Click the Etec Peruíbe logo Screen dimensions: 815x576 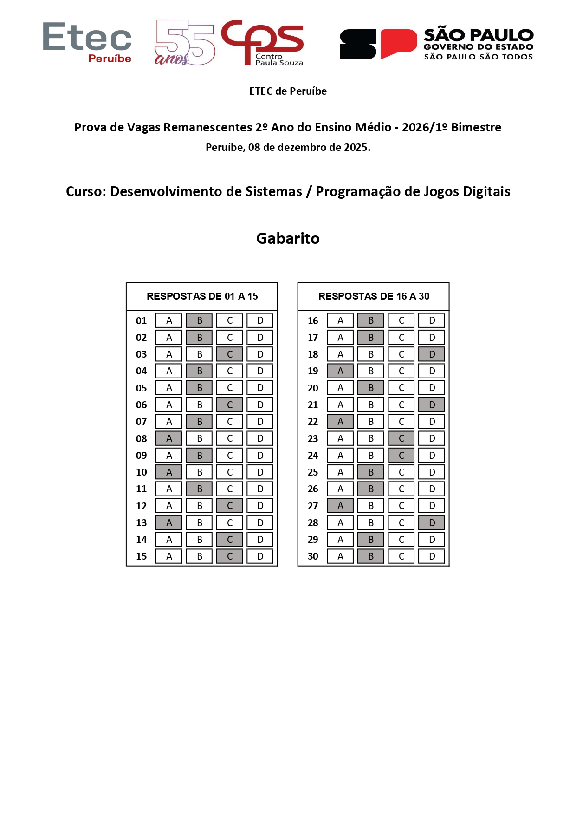pos(87,43)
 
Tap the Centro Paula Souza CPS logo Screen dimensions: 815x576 pos(263,43)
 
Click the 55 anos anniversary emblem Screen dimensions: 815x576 pos(184,43)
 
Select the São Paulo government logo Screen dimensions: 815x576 pos(436,44)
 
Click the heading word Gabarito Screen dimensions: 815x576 pos(288,238)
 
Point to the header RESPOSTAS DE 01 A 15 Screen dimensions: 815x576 pos(202,296)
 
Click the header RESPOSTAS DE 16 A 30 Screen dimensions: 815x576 pos(374,296)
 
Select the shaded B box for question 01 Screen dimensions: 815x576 pos(199,320)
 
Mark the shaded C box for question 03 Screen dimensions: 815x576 pos(230,354)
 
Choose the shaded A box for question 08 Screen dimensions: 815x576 pos(169,438)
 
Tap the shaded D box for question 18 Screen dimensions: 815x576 pos(432,354)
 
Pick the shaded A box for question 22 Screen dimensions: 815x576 pos(340,422)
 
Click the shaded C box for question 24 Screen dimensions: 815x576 pos(401,455)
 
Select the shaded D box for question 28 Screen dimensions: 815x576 pos(432,522)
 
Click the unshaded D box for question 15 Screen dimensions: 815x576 pos(260,556)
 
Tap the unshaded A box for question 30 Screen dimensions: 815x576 pos(340,556)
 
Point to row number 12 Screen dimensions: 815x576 pos(141,506)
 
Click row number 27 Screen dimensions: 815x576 pos(313,506)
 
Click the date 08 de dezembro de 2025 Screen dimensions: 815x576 pos(309,148)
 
